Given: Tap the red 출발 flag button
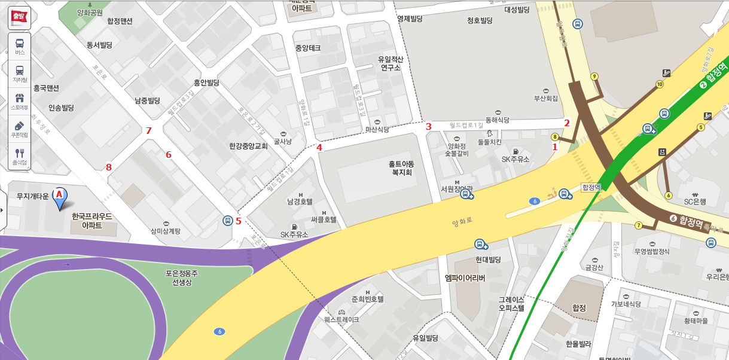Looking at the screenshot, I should tap(19, 17).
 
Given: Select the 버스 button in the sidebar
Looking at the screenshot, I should tap(19, 46).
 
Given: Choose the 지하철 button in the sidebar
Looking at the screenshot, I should tap(19, 74).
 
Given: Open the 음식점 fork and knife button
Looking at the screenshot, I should tap(19, 156).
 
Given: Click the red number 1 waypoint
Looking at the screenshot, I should tap(554, 147).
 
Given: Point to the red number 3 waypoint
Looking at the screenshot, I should tap(428, 127).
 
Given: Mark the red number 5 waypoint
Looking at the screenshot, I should tap(239, 221).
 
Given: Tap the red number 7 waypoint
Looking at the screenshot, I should tap(149, 131).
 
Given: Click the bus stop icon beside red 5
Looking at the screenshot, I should tap(227, 220).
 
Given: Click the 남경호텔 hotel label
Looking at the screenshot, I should tap(300, 202).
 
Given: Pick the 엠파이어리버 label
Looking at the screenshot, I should tap(465, 278).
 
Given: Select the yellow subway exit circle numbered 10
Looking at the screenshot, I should tap(660, 84).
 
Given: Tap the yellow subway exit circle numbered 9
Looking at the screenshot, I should tap(594, 77).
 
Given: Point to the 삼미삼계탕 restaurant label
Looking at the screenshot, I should tap(166, 231).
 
